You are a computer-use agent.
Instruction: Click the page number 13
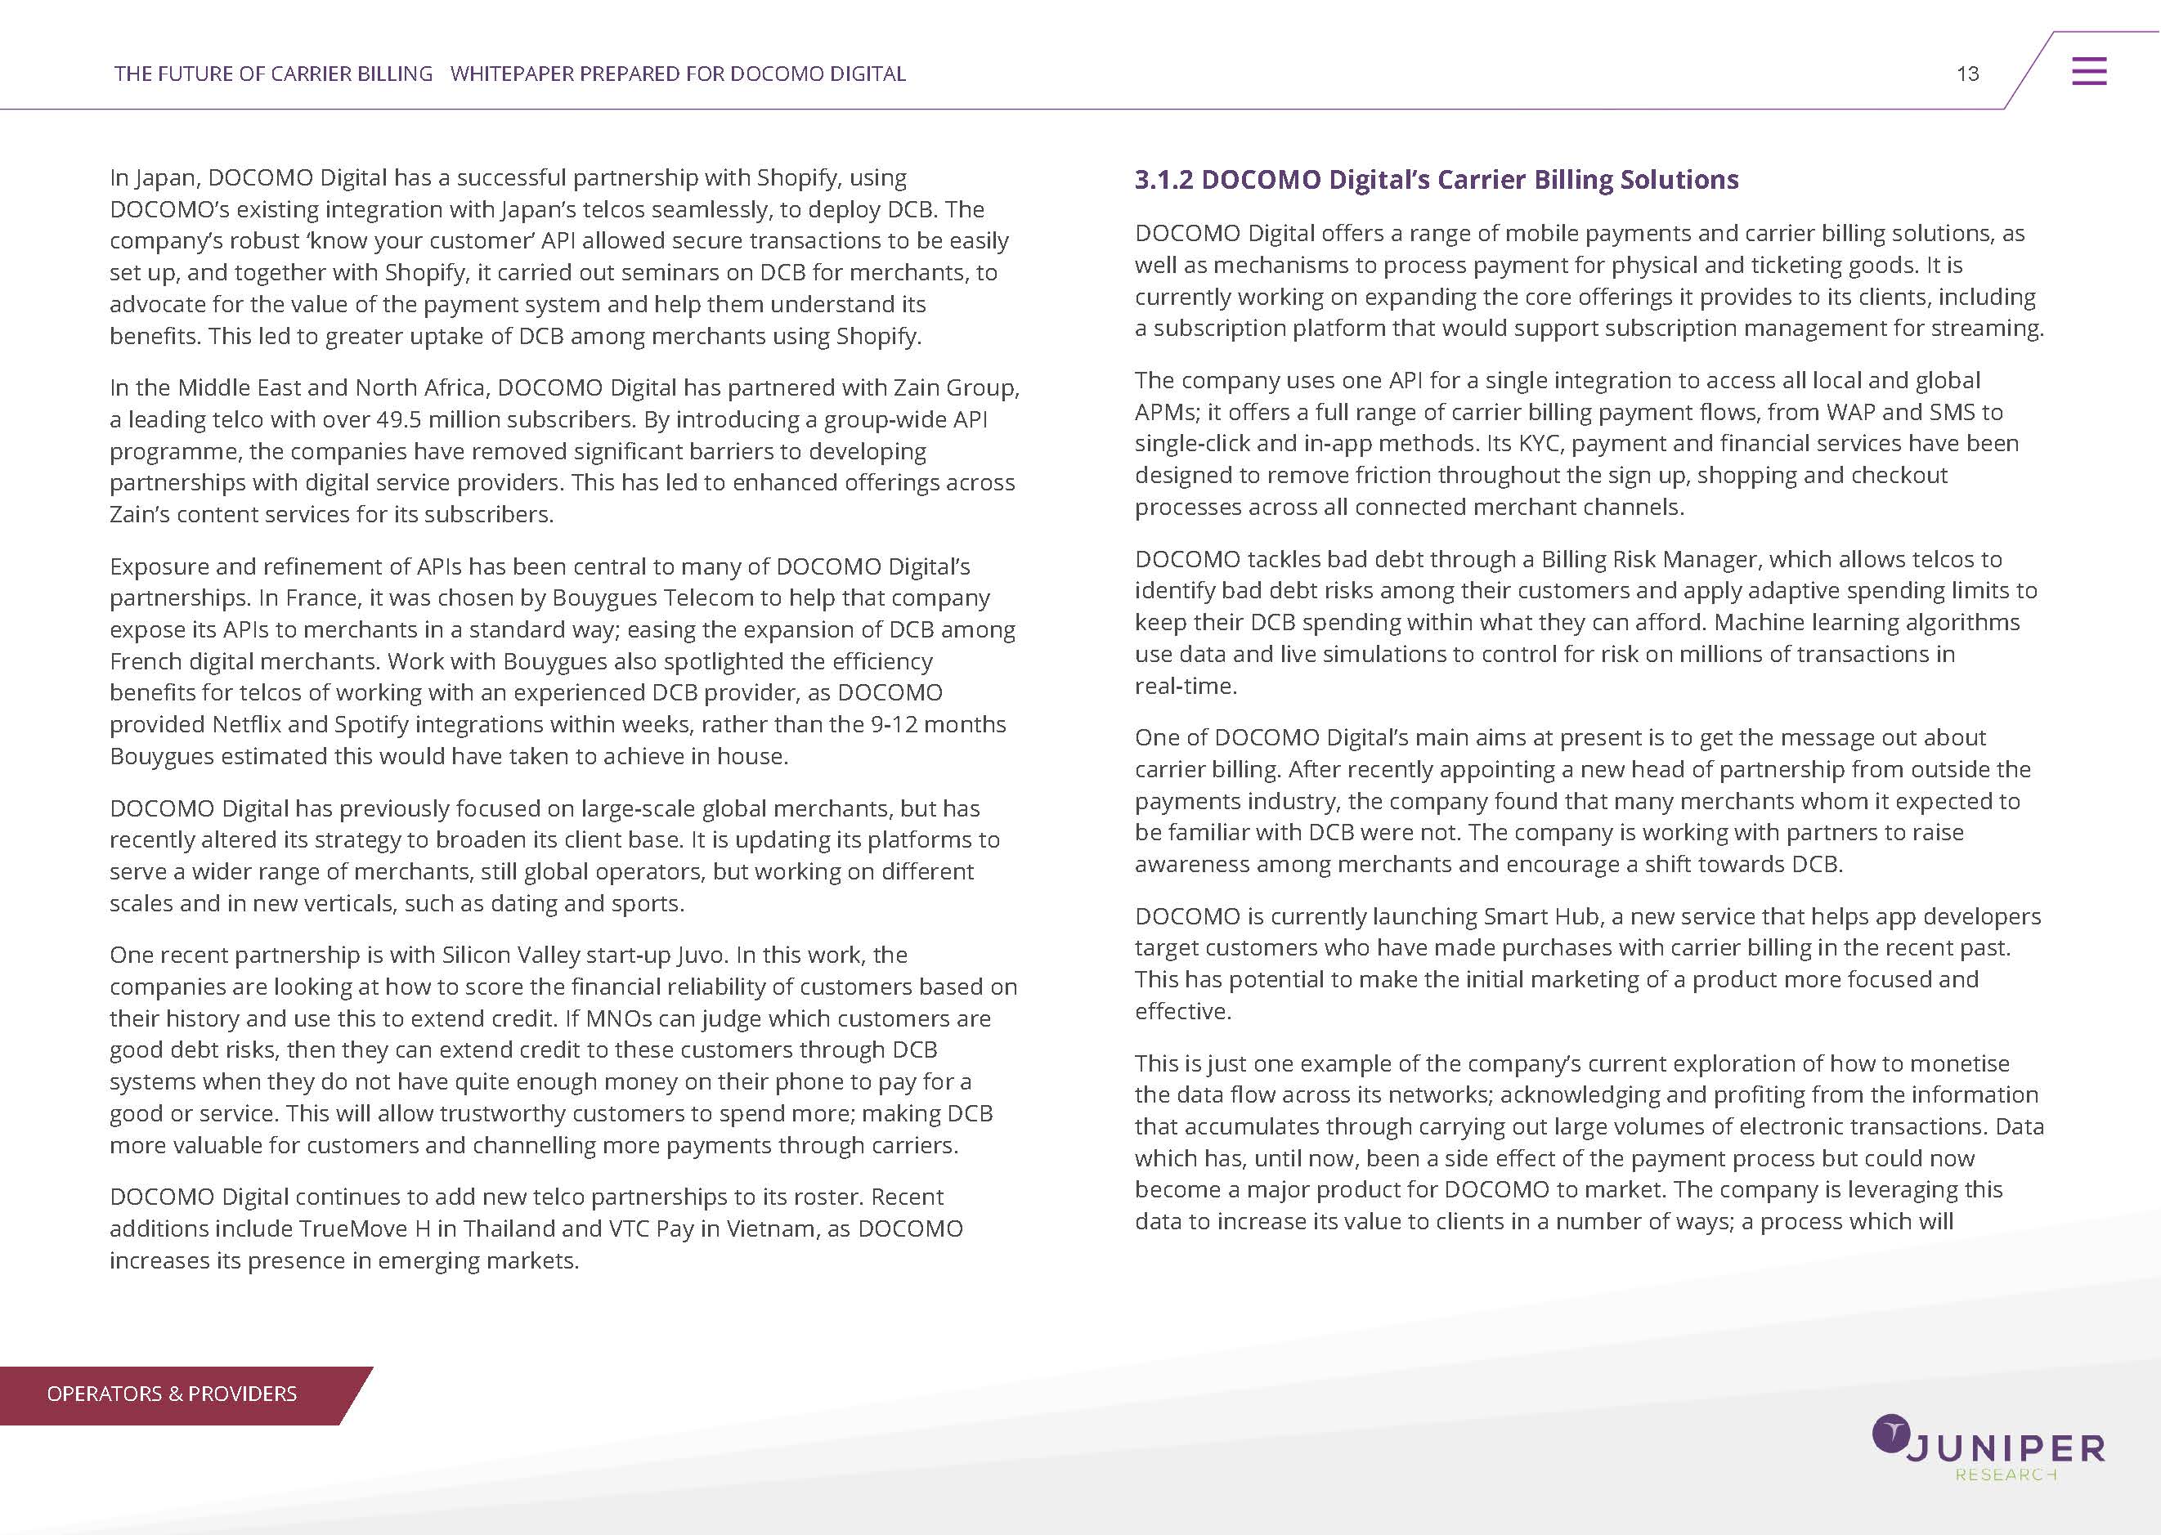coord(1967,74)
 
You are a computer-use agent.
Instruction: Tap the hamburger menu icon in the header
coord(2089,72)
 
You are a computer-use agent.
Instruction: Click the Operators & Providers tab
coord(171,1394)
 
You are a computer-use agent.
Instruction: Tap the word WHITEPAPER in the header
coord(511,74)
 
